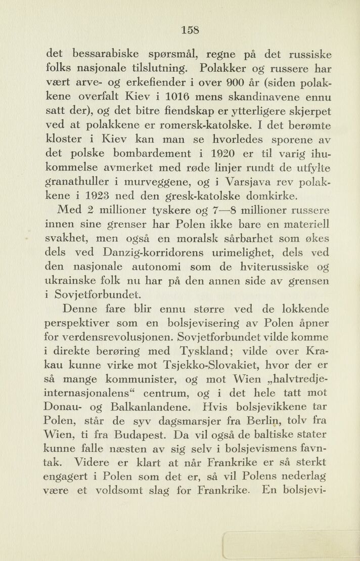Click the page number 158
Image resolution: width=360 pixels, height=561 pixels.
click(190, 29)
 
